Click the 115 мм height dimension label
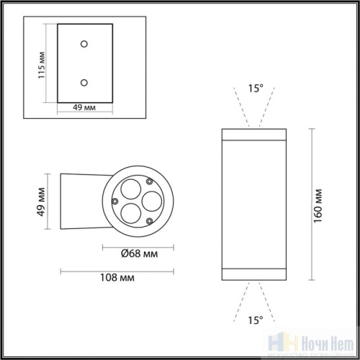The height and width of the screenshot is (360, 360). point(42,64)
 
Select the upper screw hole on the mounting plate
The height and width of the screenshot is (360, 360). point(85,45)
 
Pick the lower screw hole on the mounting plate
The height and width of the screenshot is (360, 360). point(85,82)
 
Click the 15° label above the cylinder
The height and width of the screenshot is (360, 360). point(256,89)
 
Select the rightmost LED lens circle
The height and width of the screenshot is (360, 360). point(150,199)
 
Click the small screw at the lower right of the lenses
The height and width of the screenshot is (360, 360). point(148,220)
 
